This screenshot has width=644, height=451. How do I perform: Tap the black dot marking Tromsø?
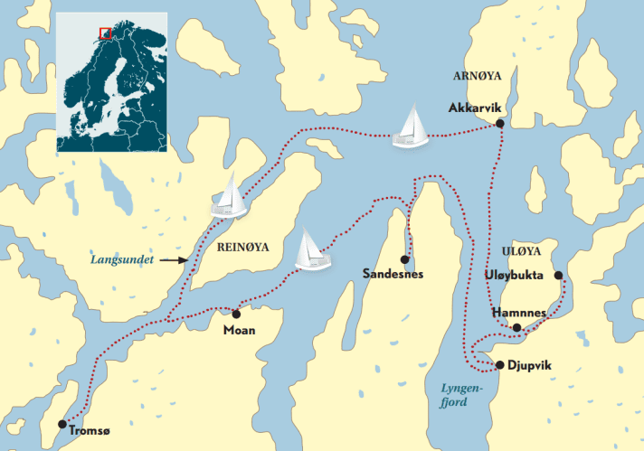[x=62, y=423]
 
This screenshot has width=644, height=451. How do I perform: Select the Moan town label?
[x=239, y=331]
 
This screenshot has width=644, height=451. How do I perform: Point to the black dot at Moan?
[x=236, y=315]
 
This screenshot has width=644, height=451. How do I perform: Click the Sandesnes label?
[x=392, y=273]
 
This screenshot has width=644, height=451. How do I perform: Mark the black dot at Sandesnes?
[x=403, y=258]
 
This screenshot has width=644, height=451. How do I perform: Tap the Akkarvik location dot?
[x=500, y=124]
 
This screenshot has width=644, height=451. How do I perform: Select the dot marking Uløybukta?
[x=558, y=275]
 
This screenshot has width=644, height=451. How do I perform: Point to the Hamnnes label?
[x=518, y=313]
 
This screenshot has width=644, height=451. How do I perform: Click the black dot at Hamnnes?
[x=516, y=327]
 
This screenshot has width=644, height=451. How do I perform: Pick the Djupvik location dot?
[x=499, y=364]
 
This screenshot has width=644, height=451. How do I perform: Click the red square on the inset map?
[x=106, y=33]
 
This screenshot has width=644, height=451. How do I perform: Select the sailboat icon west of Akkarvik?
[x=412, y=127]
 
